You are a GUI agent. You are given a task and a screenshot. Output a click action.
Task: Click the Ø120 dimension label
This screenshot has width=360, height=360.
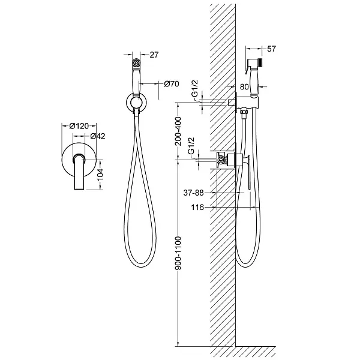pyautogui.click(x=79, y=126)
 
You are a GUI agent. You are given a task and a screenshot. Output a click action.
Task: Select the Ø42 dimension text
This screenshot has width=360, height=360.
pyautogui.click(x=98, y=136)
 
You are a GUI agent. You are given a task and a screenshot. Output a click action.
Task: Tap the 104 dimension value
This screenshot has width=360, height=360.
pyautogui.click(x=101, y=175)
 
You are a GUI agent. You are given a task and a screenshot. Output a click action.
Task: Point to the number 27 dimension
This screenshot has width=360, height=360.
pyautogui.click(x=154, y=55)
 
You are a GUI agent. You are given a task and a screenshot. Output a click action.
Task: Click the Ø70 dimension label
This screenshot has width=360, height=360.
pyautogui.click(x=172, y=84)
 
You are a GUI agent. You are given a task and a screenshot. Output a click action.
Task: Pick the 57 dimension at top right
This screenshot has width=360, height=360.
pyautogui.click(x=271, y=49)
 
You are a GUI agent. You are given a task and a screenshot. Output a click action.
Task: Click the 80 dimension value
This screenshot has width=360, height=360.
pyautogui.click(x=244, y=86)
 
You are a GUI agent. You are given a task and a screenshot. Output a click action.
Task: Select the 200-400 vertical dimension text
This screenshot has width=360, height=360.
pyautogui.click(x=178, y=131)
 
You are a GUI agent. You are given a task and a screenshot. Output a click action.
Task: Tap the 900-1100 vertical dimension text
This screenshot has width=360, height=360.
pyautogui.click(x=178, y=253)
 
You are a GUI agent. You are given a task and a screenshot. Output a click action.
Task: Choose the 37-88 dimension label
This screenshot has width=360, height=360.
pyautogui.click(x=194, y=193)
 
